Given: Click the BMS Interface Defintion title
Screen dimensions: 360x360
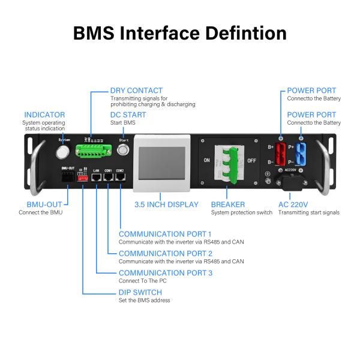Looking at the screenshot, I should point(180,32).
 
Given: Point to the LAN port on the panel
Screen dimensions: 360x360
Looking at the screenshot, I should point(96,179).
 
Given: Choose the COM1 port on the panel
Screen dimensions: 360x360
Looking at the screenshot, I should point(108,179).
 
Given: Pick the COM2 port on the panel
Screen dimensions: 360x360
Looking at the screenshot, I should point(120,179).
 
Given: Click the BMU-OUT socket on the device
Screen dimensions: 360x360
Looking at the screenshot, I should point(67,178).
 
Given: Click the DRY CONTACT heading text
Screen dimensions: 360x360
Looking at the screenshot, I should point(136,91).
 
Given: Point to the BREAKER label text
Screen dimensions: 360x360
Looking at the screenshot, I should point(227,205).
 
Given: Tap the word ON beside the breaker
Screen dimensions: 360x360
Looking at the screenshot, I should point(207,161).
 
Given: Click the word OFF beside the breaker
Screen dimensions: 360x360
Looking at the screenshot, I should point(251,161).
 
